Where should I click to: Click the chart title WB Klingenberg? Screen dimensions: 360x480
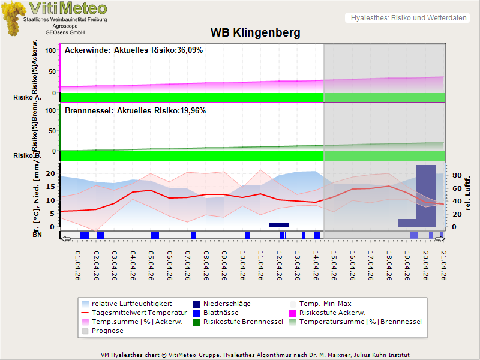pyautogui.click(x=255, y=32)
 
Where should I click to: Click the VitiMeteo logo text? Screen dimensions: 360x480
pyautogui.click(x=68, y=8)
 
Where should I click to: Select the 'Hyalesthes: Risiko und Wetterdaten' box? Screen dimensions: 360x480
pyautogui.click(x=408, y=18)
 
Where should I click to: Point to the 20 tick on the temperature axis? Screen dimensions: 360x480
pyautogui.click(x=51, y=173)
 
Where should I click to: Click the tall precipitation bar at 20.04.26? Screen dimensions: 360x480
pyautogui.click(x=425, y=195)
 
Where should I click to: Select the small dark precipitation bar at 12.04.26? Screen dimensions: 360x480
pyautogui.click(x=279, y=224)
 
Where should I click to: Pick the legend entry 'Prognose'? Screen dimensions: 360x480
pyautogui.click(x=107, y=331)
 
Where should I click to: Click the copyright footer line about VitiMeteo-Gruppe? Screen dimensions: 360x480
pyautogui.click(x=255, y=355)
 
